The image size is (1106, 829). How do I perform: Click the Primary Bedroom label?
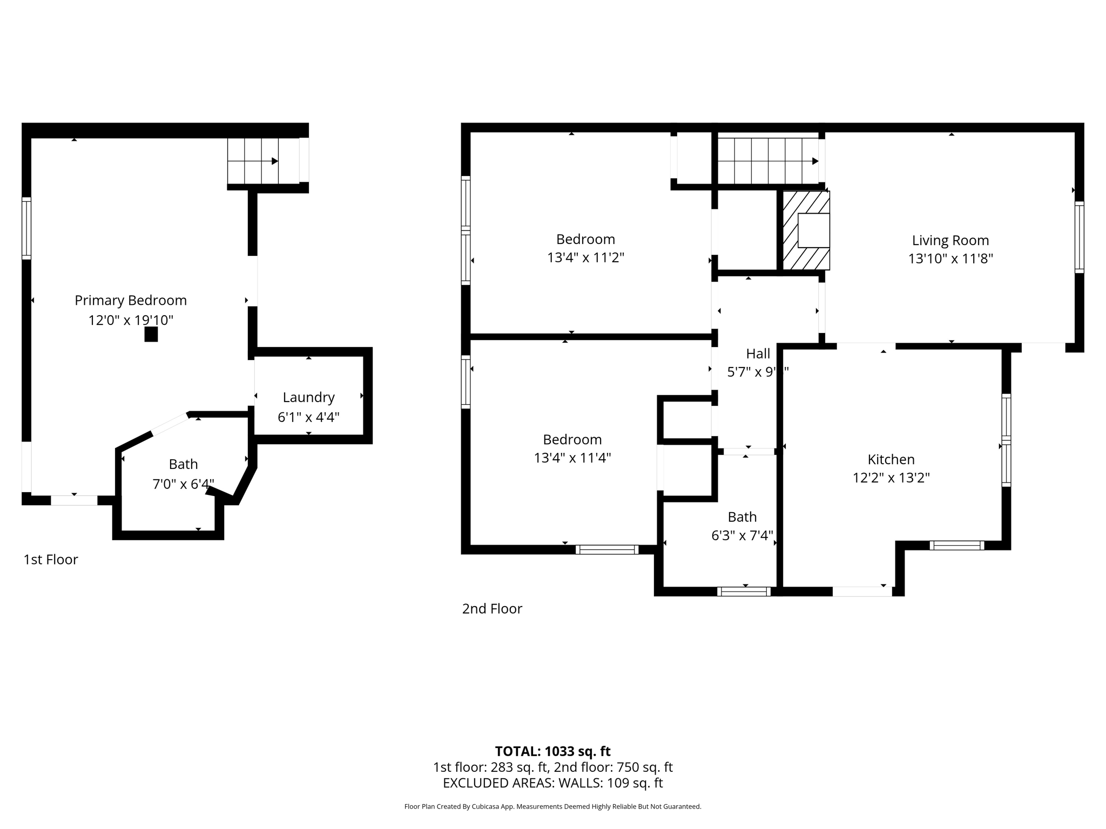[131, 300]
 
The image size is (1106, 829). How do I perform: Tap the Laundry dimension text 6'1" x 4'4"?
[308, 417]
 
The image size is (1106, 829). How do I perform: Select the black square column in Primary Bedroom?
[151, 335]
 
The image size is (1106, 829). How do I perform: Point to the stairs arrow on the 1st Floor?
[274, 161]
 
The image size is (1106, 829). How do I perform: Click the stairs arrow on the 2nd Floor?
[815, 161]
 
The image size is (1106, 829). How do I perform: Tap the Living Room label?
[950, 240]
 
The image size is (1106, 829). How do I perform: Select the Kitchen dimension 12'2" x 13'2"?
[891, 478]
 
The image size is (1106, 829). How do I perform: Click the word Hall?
[758, 354]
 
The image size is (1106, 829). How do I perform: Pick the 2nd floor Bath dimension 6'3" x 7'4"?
[742, 535]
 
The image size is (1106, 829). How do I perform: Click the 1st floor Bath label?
[183, 464]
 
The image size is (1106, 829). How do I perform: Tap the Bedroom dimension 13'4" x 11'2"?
[585, 257]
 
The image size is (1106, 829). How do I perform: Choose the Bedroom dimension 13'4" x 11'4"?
[572, 458]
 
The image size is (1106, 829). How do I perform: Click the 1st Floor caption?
[51, 560]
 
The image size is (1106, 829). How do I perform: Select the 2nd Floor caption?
[492, 609]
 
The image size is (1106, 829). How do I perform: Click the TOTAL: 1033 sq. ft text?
[552, 751]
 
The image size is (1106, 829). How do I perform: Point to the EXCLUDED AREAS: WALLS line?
[552, 783]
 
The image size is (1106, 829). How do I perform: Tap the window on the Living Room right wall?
[1079, 237]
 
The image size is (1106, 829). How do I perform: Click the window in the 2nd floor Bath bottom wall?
[744, 592]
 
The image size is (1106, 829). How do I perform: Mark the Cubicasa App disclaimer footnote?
[552, 807]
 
